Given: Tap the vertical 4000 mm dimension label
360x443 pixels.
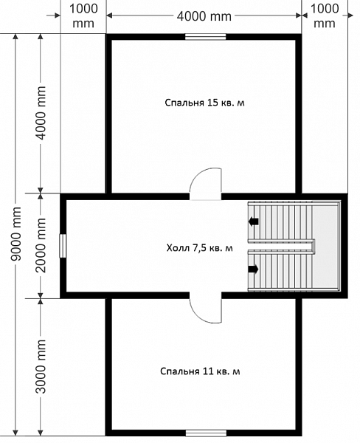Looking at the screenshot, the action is click(41, 113).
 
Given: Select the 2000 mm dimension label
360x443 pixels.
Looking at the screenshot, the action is click(41, 245).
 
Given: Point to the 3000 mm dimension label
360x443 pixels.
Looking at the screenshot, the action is click(41, 367).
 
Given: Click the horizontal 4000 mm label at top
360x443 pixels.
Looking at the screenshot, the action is click(204, 16).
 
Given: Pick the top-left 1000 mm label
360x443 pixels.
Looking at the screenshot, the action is click(83, 16).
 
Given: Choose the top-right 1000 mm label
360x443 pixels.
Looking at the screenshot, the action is click(325, 16).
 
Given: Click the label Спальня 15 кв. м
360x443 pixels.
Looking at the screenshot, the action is click(204, 103).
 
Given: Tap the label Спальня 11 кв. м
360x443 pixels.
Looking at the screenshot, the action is click(200, 371).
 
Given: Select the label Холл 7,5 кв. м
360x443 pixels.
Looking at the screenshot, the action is click(200, 248).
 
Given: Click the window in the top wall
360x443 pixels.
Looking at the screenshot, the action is click(206, 37).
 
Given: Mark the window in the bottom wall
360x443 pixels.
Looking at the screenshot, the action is click(206, 433).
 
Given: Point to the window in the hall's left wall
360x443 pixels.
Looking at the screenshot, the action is click(63, 246).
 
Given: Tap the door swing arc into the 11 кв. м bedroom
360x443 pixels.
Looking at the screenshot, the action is click(198, 315).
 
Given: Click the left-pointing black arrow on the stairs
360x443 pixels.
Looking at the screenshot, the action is click(254, 221).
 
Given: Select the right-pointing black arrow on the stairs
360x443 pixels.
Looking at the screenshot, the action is click(253, 269).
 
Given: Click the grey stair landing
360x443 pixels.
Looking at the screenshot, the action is click(328, 246).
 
